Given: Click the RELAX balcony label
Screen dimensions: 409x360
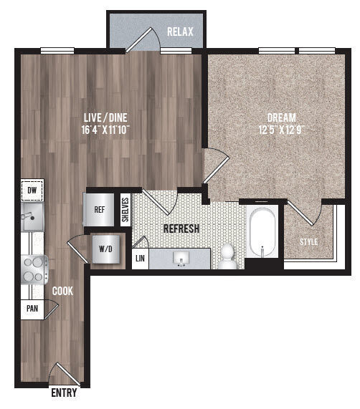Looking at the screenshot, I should [x=180, y=32].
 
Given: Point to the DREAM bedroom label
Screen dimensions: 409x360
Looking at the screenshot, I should [x=281, y=117].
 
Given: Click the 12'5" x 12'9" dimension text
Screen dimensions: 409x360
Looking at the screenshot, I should [x=281, y=130].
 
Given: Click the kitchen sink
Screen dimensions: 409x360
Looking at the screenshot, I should [x=32, y=217].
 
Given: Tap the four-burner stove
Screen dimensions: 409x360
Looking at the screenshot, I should [x=32, y=269].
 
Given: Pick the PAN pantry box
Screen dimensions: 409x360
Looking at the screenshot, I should [x=31, y=309].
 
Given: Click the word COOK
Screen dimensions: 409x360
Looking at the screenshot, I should [x=62, y=291].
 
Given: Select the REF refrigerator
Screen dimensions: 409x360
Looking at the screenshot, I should [x=100, y=211].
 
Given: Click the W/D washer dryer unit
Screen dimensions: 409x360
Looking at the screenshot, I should [x=105, y=250].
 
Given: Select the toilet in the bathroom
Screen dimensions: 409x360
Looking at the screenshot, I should [x=228, y=256].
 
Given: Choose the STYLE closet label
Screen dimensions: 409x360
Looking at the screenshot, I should [x=308, y=242].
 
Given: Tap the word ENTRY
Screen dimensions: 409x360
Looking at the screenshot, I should [x=64, y=393].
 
